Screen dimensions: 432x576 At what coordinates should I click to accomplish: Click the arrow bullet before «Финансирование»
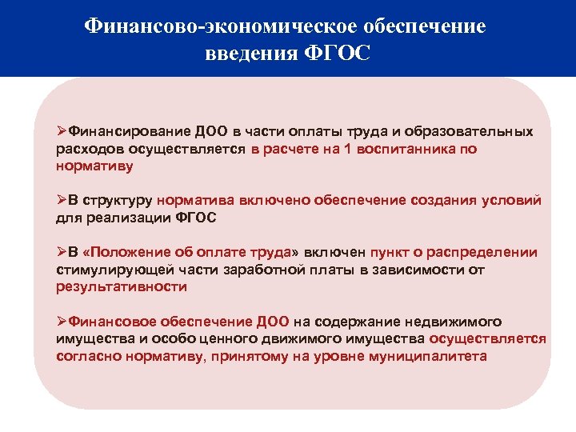click(62, 130)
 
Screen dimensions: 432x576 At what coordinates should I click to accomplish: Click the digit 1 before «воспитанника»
click(348, 149)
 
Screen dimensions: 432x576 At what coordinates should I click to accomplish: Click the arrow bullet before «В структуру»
click(62, 200)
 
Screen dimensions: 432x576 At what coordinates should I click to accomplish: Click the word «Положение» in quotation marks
click(134, 252)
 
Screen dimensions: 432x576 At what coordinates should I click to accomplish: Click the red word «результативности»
click(122, 286)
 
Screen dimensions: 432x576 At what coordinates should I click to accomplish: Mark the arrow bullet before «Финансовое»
click(62, 322)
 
